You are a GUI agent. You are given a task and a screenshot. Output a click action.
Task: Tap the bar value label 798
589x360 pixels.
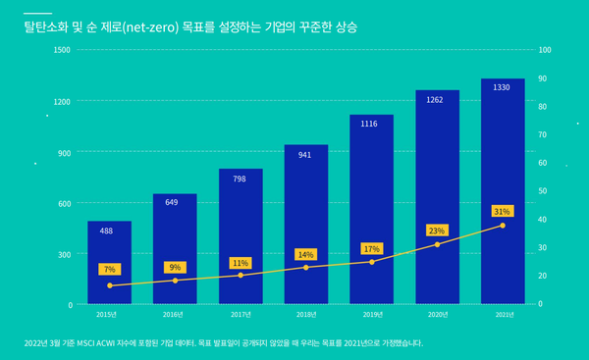[x=241, y=180]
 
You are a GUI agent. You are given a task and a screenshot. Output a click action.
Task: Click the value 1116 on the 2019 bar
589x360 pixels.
[x=371, y=125]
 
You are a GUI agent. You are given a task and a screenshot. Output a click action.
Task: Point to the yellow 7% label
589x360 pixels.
[x=109, y=269]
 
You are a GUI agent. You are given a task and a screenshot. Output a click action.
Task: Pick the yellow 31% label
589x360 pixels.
[x=502, y=211]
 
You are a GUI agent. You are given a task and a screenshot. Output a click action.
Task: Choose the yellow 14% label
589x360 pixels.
[x=305, y=254]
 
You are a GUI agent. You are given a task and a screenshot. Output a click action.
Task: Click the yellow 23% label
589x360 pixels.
[x=437, y=231]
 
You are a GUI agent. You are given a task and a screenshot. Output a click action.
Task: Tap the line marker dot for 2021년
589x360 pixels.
[x=503, y=226]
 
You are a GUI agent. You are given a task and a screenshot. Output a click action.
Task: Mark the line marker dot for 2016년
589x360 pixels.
[x=175, y=281]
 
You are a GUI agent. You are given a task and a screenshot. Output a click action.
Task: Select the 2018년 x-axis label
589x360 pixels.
[x=305, y=315]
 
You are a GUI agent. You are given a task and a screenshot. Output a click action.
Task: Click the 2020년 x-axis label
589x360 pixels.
[x=437, y=315]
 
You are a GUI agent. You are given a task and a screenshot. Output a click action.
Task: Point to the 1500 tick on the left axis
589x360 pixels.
[x=61, y=50]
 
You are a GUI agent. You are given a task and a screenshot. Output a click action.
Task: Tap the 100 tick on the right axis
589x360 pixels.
[x=545, y=50]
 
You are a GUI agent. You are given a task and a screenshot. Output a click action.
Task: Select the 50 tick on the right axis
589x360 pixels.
[x=543, y=191]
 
